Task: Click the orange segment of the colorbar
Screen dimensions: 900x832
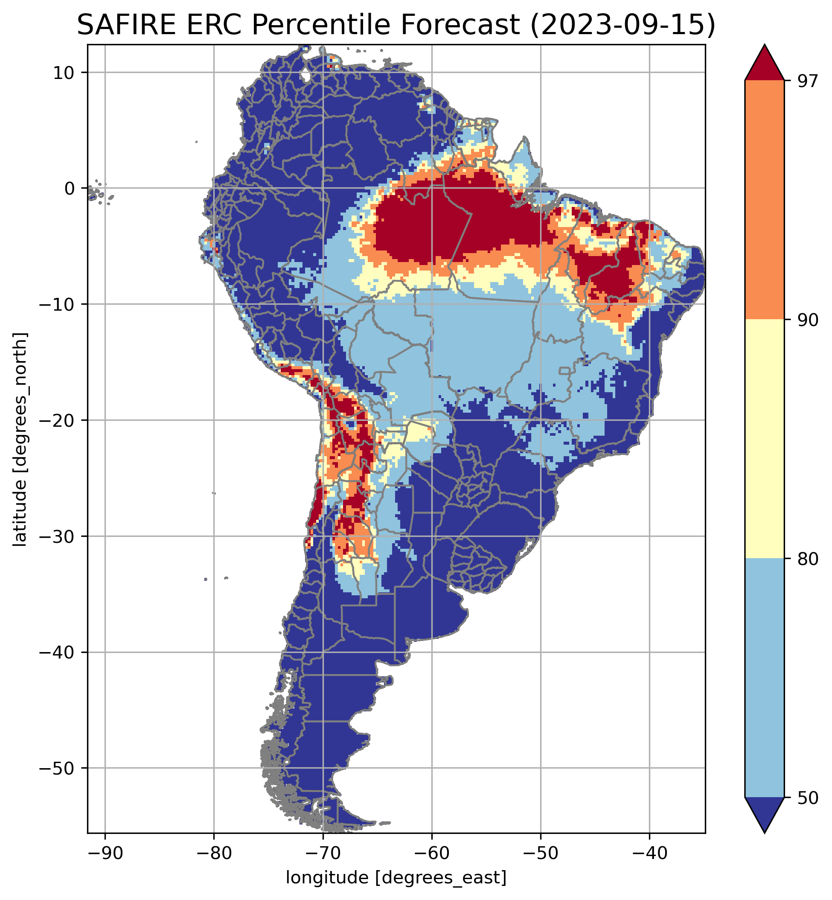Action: (765, 200)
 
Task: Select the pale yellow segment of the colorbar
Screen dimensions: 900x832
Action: (765, 439)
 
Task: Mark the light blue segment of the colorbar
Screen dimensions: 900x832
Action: (765, 678)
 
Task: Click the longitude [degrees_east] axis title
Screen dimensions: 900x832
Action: (396, 877)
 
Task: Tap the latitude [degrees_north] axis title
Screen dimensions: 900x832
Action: (20, 440)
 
